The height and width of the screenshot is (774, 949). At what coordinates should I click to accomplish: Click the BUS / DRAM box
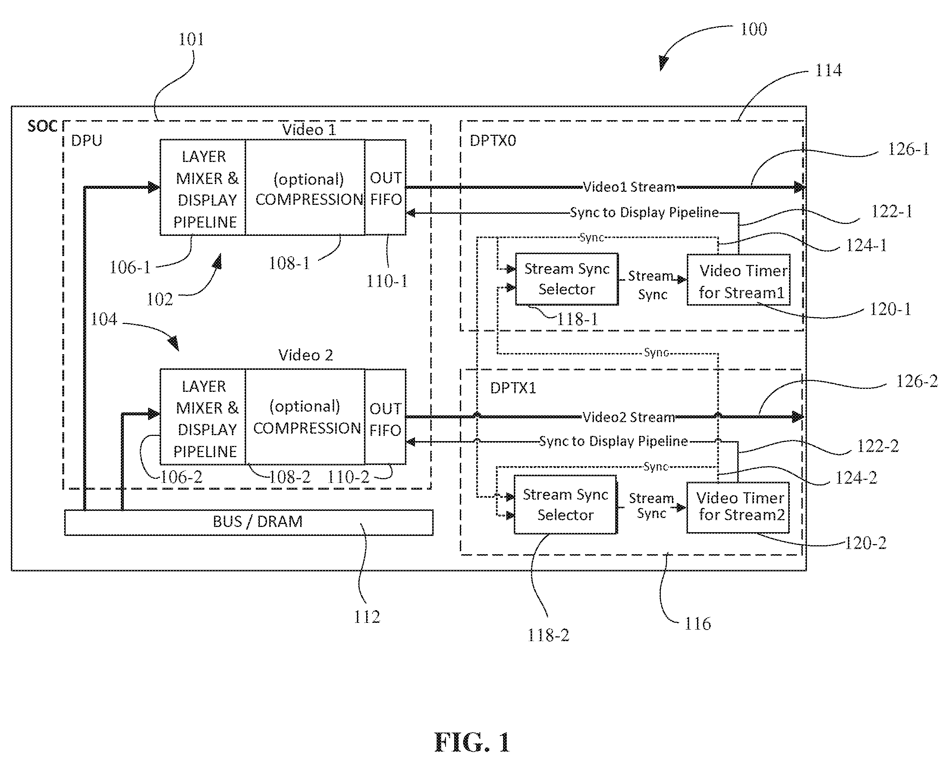(249, 522)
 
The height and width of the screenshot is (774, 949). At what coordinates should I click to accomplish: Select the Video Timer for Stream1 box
(739, 280)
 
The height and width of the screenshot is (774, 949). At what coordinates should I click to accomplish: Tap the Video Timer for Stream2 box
(738, 508)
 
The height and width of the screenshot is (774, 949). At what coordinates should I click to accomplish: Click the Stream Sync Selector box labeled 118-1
(567, 279)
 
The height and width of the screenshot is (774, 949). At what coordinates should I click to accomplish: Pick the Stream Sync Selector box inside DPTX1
(565, 504)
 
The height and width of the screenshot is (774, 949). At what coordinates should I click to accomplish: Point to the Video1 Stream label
(629, 187)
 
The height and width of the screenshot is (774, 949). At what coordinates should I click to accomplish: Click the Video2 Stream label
(629, 417)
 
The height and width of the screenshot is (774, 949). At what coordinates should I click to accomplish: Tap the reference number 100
(753, 29)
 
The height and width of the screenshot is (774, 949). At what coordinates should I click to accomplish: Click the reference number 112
(367, 617)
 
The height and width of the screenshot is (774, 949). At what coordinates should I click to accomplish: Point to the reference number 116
(698, 624)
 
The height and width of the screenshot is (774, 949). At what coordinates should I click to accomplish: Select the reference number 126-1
(908, 149)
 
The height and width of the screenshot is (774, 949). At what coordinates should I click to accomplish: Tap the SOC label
(43, 127)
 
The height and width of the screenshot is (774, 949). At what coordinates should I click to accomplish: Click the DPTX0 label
(493, 141)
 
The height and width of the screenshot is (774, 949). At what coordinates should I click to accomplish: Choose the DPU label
(87, 141)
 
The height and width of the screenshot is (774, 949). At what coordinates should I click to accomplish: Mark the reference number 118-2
(549, 635)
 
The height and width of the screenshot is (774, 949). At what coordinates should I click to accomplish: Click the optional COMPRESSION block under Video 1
(305, 187)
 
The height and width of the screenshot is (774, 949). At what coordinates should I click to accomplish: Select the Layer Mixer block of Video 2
(203, 416)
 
